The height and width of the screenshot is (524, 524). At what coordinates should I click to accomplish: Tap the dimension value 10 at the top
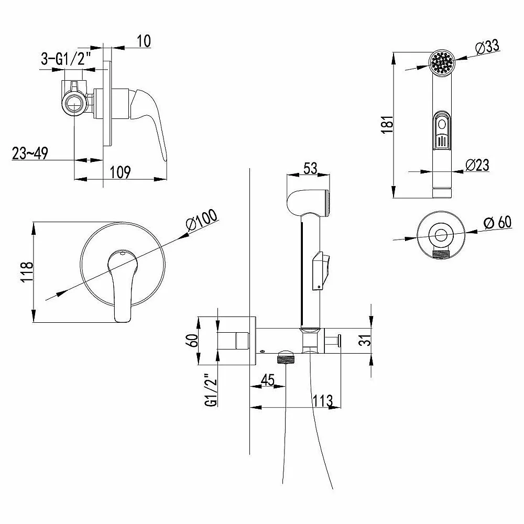144,41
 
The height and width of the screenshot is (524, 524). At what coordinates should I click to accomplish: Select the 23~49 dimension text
30,154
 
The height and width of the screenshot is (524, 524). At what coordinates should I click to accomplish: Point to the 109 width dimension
120,172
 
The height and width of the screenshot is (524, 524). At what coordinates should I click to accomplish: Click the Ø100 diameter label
202,220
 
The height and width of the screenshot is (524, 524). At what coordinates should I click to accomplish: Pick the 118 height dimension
27,271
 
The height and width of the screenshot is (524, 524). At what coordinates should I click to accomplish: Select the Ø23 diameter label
477,165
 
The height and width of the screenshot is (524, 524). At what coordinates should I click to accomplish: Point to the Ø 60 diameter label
497,222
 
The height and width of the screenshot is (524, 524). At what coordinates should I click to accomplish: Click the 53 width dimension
310,168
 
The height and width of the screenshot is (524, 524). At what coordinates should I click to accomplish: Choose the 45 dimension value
267,380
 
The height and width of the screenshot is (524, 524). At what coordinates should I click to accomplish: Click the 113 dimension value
323,400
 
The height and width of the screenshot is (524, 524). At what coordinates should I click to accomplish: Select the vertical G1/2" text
212,389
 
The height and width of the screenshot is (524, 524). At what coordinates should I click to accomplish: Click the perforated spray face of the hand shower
442,62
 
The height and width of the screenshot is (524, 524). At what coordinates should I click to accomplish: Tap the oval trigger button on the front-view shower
442,125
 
